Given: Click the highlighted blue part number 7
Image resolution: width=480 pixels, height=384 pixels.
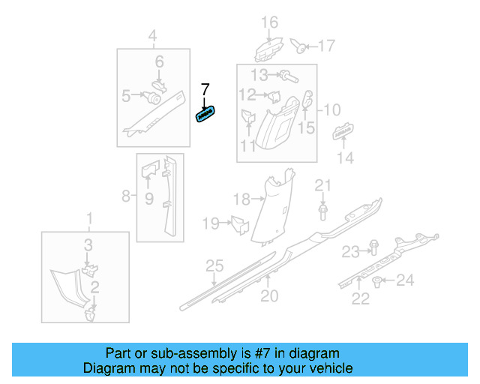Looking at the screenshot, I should pyautogui.click(x=205, y=115).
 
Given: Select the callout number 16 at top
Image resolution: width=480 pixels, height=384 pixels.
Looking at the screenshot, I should pyautogui.click(x=269, y=22).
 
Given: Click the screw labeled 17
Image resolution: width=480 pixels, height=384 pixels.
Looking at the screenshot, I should pyautogui.click(x=300, y=47).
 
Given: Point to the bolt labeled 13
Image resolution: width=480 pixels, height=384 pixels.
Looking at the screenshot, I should pyautogui.click(x=287, y=75).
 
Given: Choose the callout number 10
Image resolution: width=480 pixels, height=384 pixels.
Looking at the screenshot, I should pyautogui.click(x=331, y=109).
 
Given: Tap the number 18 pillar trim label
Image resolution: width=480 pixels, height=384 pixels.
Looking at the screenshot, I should pyautogui.click(x=241, y=199).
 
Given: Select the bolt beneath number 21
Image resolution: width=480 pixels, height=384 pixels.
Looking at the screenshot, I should pyautogui.click(x=322, y=214).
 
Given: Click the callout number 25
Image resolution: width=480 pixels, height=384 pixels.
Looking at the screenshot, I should pyautogui.click(x=215, y=265).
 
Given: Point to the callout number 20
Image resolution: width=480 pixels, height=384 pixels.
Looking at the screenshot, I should pyautogui.click(x=269, y=295).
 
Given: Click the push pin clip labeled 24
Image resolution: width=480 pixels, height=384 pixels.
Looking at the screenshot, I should pyautogui.click(x=377, y=282).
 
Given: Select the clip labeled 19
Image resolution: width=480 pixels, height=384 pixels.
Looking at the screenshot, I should pyautogui.click(x=239, y=223).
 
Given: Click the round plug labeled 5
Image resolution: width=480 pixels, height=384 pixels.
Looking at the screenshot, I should pyautogui.click(x=154, y=97).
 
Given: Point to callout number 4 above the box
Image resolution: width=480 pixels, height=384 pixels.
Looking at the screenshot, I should pyautogui.click(x=152, y=35).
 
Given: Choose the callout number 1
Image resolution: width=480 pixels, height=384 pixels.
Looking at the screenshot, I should pyautogui.click(x=90, y=218).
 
